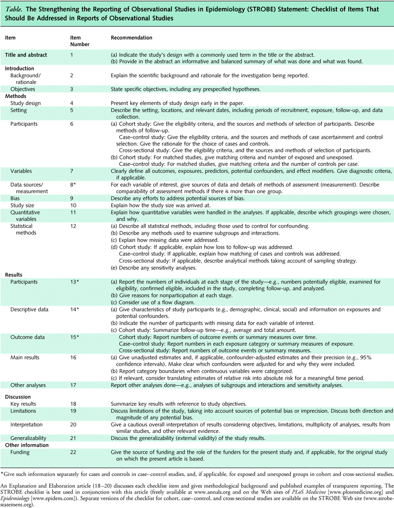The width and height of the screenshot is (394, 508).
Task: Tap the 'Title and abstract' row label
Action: pyautogui.click(x=26, y=55)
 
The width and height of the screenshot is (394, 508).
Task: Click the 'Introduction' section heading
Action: pyautogui.click(x=22, y=69)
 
